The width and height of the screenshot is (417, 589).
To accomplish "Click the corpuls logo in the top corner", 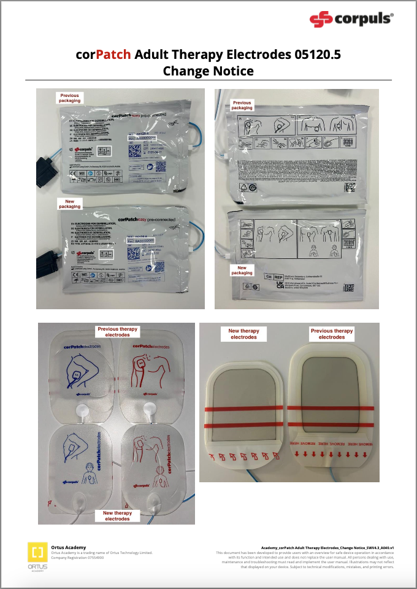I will click(x=351, y=20).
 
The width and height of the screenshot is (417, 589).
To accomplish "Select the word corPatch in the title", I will click(x=103, y=55).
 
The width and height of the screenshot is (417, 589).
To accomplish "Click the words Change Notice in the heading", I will click(x=208, y=71).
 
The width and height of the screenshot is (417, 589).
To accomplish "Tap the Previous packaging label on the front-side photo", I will click(x=70, y=98).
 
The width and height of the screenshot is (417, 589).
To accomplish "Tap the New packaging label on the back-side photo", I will click(x=242, y=270).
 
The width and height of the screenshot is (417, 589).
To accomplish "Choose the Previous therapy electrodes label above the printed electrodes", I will click(x=117, y=332).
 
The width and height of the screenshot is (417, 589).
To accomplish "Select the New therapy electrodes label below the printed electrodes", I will click(x=117, y=515).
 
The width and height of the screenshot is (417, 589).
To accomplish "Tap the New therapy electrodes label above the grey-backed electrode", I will click(x=243, y=334).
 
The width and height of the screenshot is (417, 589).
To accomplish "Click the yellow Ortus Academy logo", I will click(x=38, y=552).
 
